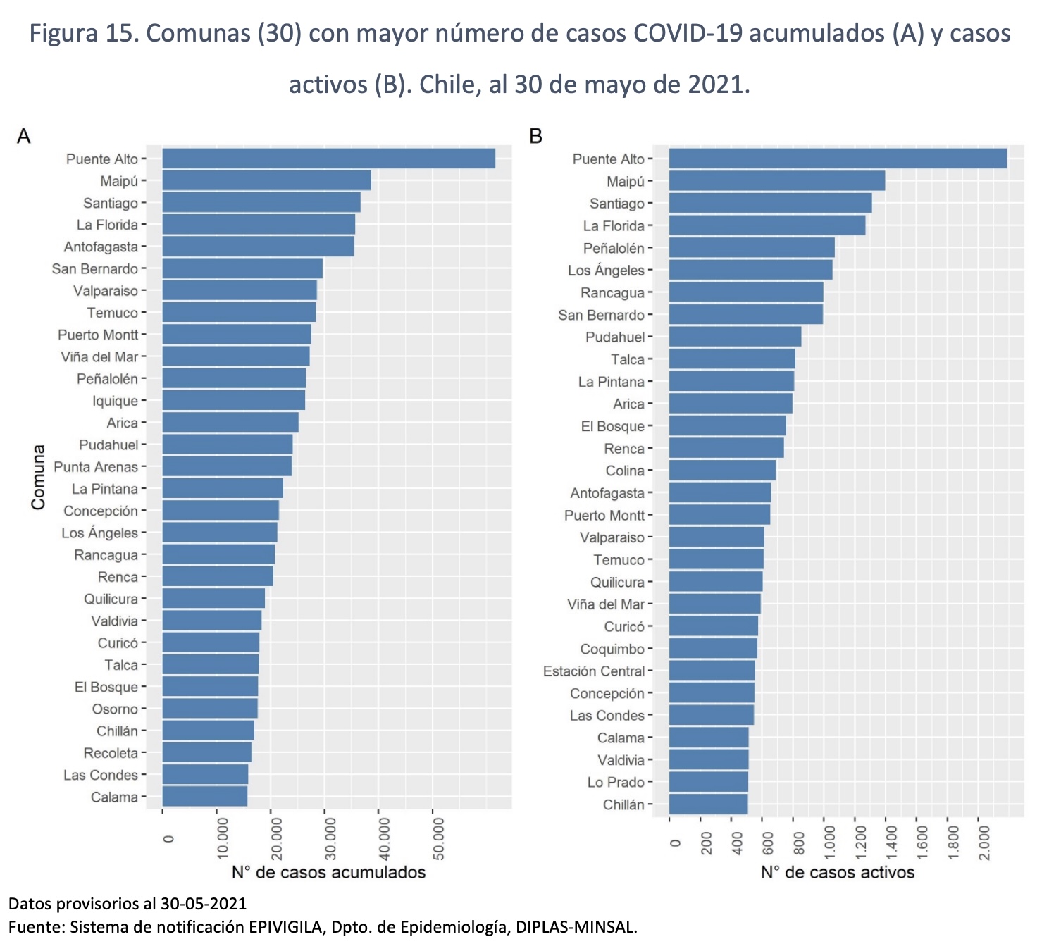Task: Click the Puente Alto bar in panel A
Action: (328, 158)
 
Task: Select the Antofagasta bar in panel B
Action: (720, 493)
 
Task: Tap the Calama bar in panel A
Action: (205, 797)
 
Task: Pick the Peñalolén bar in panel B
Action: (752, 248)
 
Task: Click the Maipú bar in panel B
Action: (776, 181)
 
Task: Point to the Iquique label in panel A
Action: (115, 401)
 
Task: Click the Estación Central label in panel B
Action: (594, 671)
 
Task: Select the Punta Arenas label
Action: (96, 467)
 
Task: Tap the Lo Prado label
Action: (616, 783)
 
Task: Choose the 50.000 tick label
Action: (438, 839)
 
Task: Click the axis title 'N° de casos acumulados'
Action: (328, 873)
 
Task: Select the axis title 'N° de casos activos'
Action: (837, 873)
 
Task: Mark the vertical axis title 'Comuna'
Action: (38, 477)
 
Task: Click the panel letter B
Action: (535, 136)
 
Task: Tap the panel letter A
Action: (24, 136)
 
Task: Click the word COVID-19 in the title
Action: (687, 33)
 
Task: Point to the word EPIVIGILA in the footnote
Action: (285, 927)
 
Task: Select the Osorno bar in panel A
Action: (210, 709)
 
